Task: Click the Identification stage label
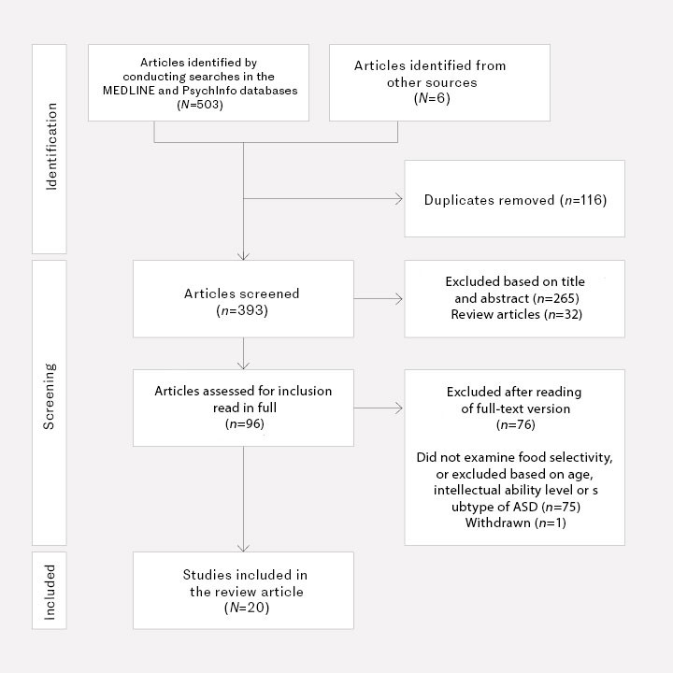pyautogui.click(x=51, y=150)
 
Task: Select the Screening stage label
pyautogui.click(x=51, y=402)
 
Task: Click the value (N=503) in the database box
pyautogui.click(x=198, y=106)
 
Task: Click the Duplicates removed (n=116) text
pyautogui.click(x=515, y=200)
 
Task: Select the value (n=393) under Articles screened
pyautogui.click(x=242, y=309)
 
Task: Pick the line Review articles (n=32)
pyautogui.click(x=514, y=315)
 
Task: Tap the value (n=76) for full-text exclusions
pyautogui.click(x=514, y=425)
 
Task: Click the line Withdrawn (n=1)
pyautogui.click(x=514, y=522)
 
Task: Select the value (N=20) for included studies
pyautogui.click(x=242, y=608)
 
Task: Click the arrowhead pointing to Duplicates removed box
pyautogui.click(x=399, y=199)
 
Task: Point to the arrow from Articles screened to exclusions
pyautogui.click(x=379, y=300)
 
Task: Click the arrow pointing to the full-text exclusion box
pyautogui.click(x=379, y=408)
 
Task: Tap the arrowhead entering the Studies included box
pyautogui.click(x=243, y=547)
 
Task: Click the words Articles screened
pyautogui.click(x=242, y=294)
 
